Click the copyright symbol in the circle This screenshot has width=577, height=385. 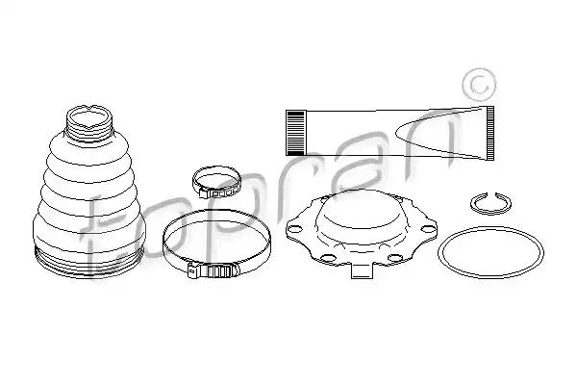pyautogui.click(x=479, y=85)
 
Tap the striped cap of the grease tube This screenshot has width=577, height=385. pyautogui.click(x=295, y=133)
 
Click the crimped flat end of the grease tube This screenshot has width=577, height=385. pyautogui.click(x=489, y=134)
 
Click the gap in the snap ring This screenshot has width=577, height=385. pyautogui.click(x=490, y=194)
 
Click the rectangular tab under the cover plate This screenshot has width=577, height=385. pyautogui.click(x=363, y=271)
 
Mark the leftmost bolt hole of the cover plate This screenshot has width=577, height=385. pyautogui.click(x=295, y=229)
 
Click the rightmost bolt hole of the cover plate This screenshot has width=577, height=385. pyautogui.click(x=427, y=229)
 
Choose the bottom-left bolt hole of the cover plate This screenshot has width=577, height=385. pyautogui.click(x=327, y=258)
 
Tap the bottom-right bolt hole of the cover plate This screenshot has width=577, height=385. pyautogui.click(x=394, y=258)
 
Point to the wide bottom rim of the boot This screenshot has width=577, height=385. pyautogui.click(x=89, y=264)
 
